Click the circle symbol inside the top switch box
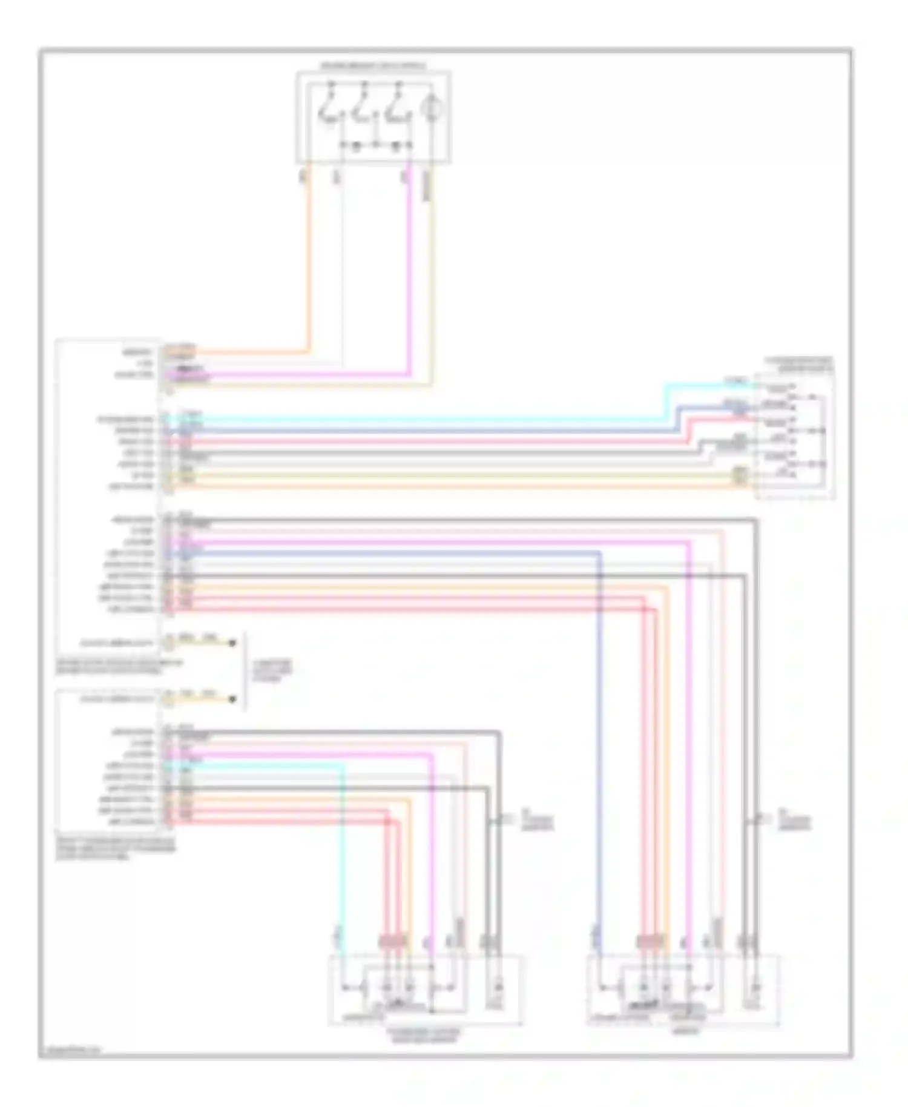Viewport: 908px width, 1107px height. [x=432, y=110]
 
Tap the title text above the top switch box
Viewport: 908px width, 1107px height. [x=373, y=65]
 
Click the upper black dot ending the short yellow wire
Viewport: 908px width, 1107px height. [x=232, y=643]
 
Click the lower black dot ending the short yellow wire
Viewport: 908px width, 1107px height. [x=232, y=699]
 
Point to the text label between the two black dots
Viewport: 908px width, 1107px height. [x=272, y=671]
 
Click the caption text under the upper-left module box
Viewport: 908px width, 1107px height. [x=119, y=667]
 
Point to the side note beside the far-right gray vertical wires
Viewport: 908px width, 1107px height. [x=793, y=822]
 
